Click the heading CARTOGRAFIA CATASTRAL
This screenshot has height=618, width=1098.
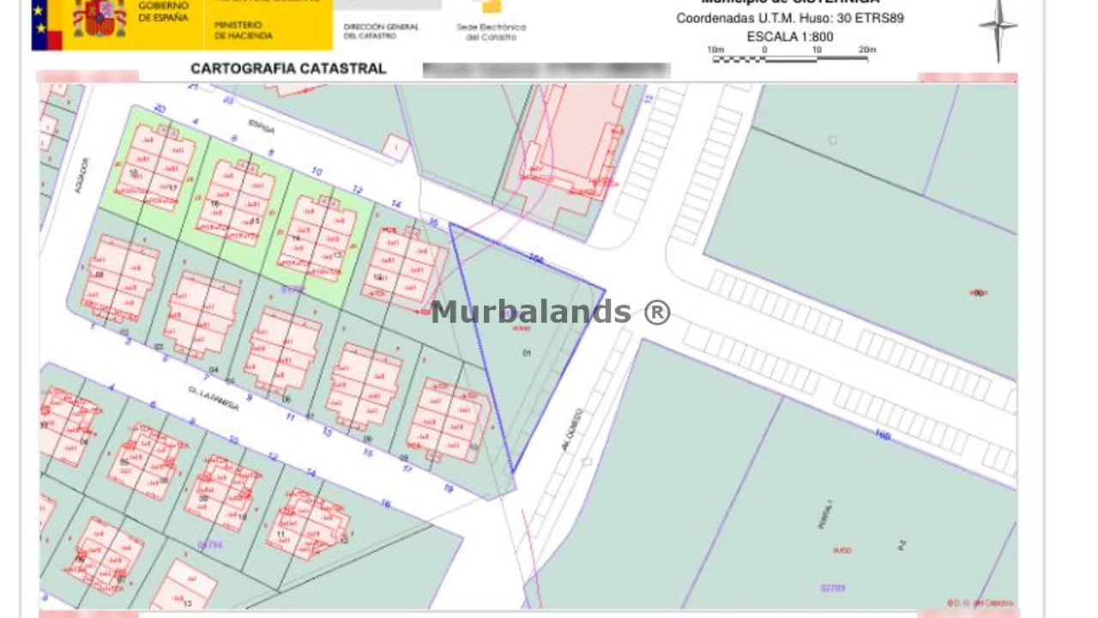(288, 69)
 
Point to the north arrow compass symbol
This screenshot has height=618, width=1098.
(998, 29)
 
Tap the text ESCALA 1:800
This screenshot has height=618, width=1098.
(790, 37)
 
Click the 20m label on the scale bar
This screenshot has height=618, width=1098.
(866, 50)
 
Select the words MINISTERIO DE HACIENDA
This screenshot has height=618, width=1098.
(244, 31)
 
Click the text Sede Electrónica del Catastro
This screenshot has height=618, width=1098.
(491, 32)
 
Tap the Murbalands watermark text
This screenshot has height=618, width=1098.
(550, 312)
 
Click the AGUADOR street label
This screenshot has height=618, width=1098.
(82, 174)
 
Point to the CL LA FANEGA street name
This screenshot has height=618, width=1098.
(214, 398)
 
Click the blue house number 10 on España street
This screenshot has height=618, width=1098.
(317, 173)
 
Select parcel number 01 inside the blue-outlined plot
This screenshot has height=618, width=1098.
(527, 353)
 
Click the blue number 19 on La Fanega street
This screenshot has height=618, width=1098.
(448, 488)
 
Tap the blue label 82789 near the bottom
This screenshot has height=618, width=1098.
(832, 588)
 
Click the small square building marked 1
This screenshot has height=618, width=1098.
(395, 147)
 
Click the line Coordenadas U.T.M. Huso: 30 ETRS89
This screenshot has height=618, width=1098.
(789, 18)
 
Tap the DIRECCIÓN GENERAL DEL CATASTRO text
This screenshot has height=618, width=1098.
(381, 31)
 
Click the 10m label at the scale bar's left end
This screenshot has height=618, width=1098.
(715, 50)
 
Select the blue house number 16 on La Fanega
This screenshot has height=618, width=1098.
(385, 503)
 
